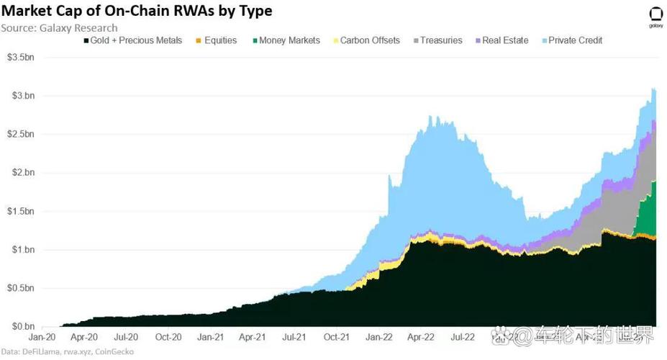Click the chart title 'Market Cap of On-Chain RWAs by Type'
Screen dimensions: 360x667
tap(136, 12)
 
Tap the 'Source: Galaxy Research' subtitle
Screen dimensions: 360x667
tap(59, 28)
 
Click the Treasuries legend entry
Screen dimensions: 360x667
tap(437, 40)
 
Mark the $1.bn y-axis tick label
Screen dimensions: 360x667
tap(21, 250)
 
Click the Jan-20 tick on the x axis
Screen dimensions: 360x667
tap(42, 337)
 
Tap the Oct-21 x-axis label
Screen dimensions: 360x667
tap(336, 337)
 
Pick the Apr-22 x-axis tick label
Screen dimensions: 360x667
tap(419, 337)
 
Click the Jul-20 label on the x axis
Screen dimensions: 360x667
tap(126, 337)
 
